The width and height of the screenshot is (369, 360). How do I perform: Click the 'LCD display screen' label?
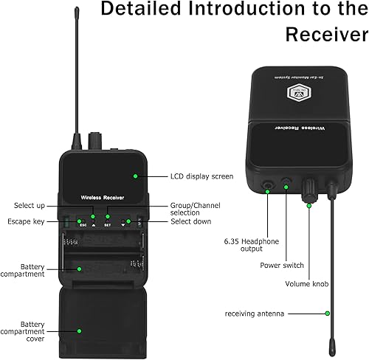201,176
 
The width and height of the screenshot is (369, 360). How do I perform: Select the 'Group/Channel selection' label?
195,209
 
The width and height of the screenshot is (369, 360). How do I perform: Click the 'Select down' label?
191,221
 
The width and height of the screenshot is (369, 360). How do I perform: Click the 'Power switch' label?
281,264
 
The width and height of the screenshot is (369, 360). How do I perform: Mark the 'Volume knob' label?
304,283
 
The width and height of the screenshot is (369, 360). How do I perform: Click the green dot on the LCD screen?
135,176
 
